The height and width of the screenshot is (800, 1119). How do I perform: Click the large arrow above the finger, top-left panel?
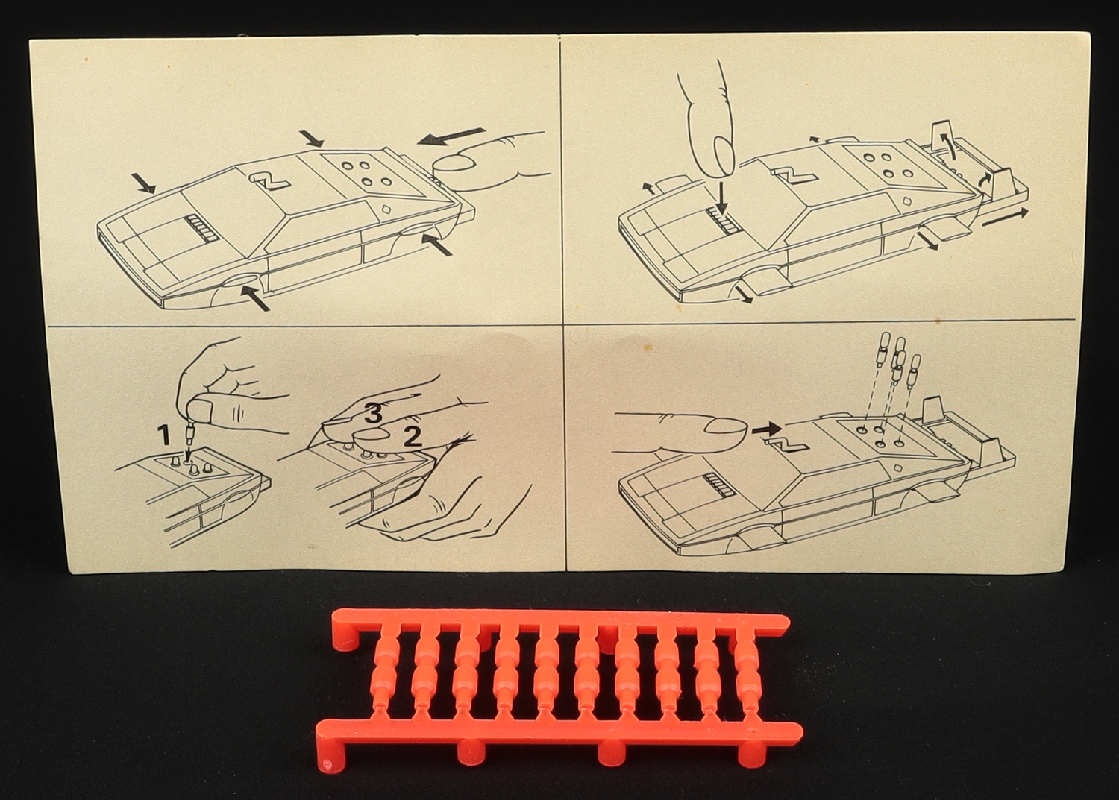click(x=452, y=136)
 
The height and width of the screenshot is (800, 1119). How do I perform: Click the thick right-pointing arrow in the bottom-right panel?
click(x=767, y=427)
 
